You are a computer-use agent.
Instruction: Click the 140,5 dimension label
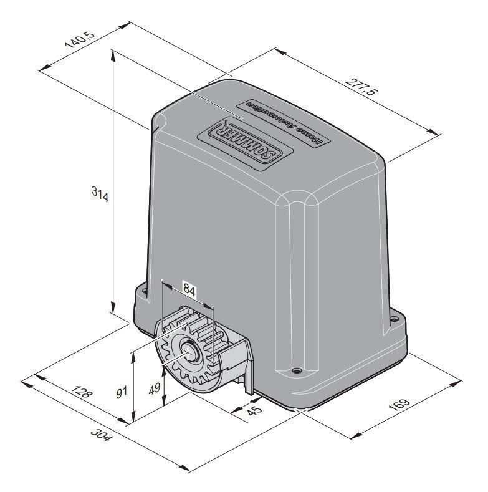point(79,39)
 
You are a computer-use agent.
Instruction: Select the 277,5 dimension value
point(362,87)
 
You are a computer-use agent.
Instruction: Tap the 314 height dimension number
point(100,194)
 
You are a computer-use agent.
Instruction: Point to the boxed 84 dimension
point(189,289)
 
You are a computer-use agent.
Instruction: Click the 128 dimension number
point(82,392)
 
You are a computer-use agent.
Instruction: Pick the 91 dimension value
point(122,392)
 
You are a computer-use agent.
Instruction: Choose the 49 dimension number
point(155,388)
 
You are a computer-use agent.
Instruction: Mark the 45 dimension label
point(254,410)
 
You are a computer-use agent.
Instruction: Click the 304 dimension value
point(101,435)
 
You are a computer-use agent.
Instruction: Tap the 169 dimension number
point(399,405)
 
